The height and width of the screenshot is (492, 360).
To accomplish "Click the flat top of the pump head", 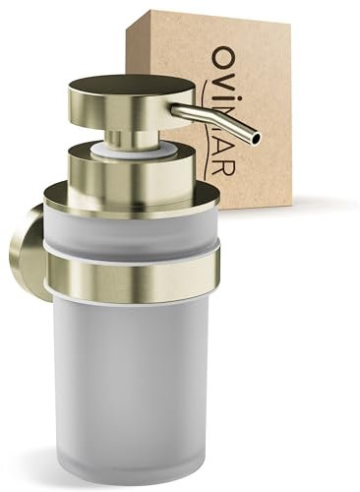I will (130, 87).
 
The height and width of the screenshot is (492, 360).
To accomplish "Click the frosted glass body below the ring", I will (133, 374).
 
